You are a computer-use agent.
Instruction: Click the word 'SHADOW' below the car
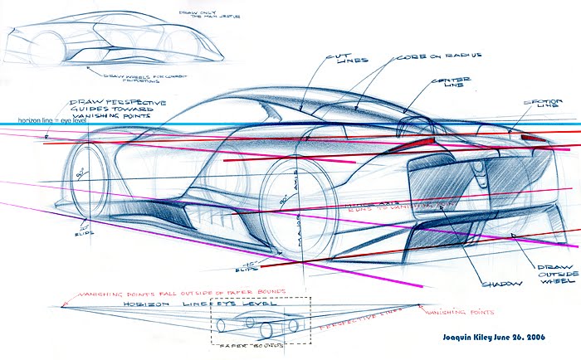click(x=503, y=283)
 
